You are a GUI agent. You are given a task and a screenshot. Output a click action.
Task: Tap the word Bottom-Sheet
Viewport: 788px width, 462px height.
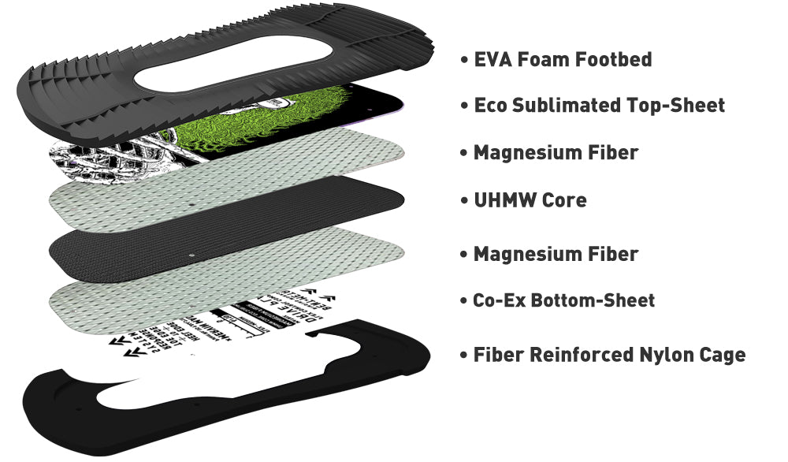pos(594,300)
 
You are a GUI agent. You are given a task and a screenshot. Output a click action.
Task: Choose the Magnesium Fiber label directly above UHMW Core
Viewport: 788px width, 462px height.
pos(556,152)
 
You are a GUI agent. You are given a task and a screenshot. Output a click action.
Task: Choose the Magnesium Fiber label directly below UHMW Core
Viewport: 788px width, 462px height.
pos(556,254)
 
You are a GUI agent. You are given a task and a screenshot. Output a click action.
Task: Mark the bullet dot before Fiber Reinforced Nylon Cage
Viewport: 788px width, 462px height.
pos(464,356)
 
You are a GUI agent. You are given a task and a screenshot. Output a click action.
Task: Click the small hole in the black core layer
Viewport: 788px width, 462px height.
pos(193,256)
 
